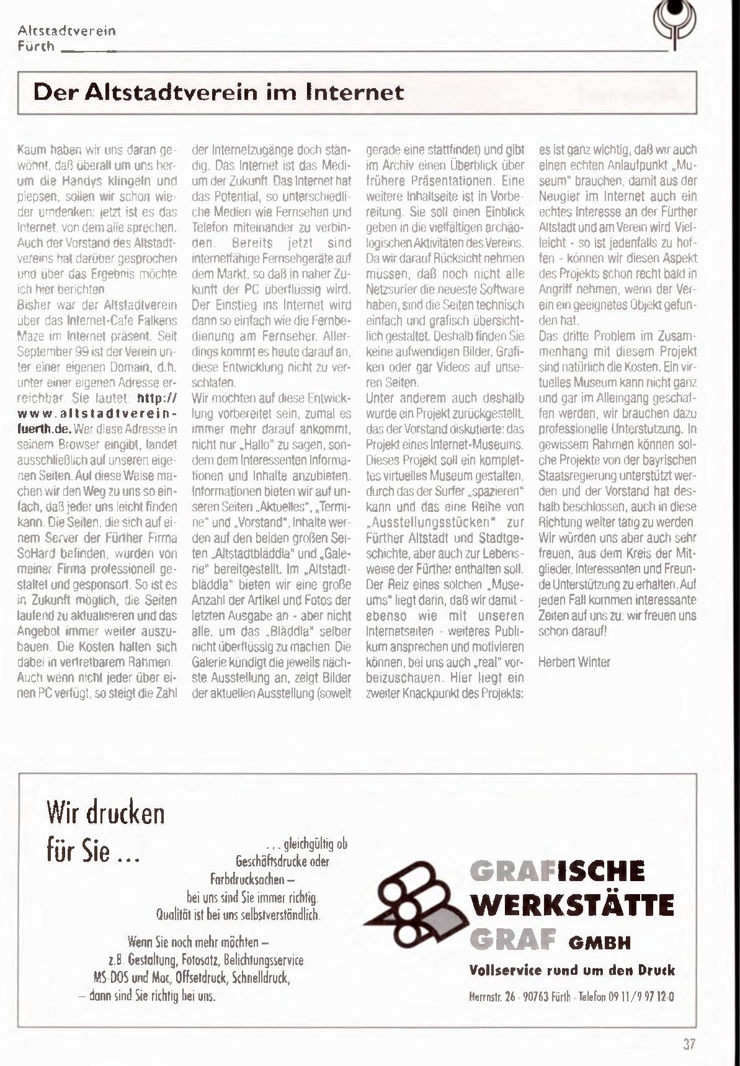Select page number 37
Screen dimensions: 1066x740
coord(689,1044)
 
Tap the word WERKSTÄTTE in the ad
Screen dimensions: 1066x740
coord(573,905)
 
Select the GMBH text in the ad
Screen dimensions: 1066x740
coord(599,943)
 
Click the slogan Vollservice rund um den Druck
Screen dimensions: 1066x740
coord(572,970)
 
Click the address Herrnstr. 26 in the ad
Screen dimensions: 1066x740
coord(493,997)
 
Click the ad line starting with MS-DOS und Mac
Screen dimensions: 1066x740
coord(191,978)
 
